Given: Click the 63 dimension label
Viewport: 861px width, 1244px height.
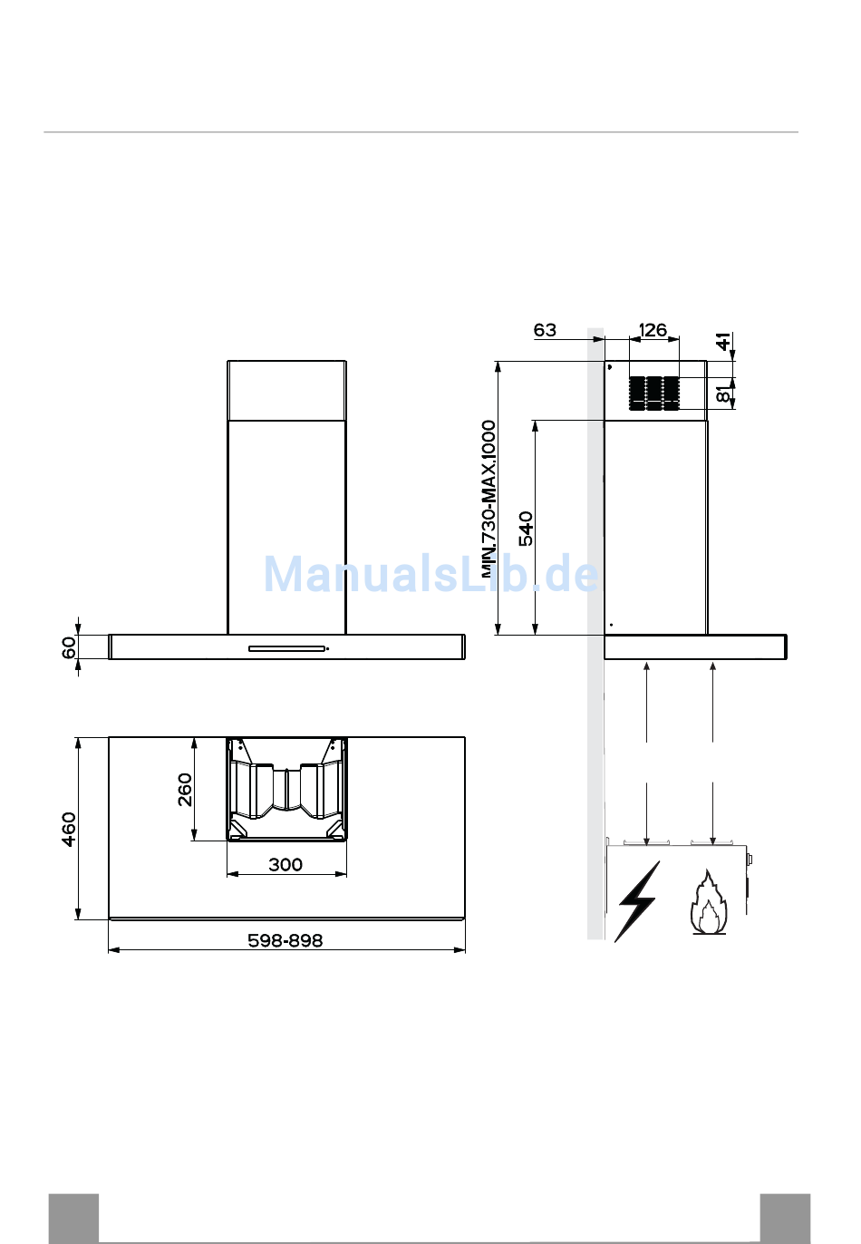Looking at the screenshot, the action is point(544,330).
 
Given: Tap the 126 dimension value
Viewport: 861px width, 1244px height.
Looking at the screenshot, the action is point(653,330).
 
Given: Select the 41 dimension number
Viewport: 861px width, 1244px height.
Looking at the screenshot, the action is point(723,342).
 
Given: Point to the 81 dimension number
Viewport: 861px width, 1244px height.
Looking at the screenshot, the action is point(723,394).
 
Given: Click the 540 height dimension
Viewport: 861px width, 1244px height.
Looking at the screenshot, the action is point(526,529).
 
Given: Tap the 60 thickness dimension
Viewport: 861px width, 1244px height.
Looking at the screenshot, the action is point(68,647).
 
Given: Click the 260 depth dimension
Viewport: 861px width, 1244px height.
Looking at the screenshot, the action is point(185,789).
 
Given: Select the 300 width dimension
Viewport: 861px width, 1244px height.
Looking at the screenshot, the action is point(285,864).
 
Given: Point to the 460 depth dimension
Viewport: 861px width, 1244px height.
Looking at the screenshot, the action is point(68,829).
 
